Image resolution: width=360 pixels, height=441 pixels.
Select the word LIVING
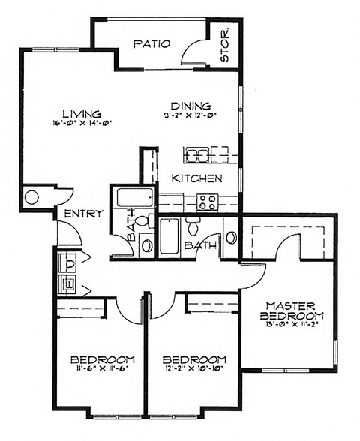tap(81, 114)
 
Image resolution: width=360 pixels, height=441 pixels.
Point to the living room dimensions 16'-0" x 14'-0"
tap(82, 123)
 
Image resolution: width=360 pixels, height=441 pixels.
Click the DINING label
tap(190, 106)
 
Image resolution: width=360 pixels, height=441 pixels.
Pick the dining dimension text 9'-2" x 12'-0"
tap(190, 115)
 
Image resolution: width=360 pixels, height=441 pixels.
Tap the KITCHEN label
tap(196, 178)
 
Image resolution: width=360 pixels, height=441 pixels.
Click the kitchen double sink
tap(198, 155)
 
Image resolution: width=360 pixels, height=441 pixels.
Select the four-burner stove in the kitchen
tap(207, 201)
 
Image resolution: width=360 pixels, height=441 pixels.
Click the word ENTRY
tap(83, 214)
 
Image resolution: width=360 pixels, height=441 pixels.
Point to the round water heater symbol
tap(32, 198)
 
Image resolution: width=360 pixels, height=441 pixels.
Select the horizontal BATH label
tap(201, 244)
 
